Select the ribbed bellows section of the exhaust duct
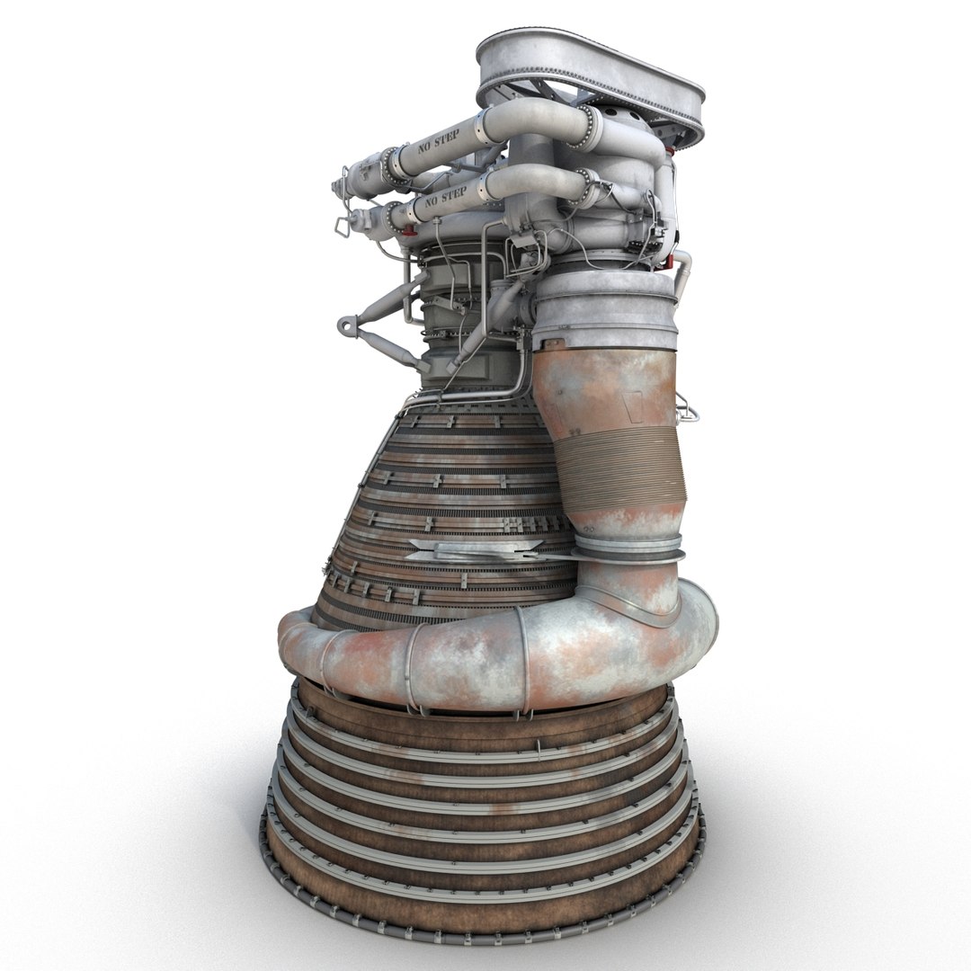point(620,468)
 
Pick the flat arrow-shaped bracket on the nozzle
point(468,550)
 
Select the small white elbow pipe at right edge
point(683,270)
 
